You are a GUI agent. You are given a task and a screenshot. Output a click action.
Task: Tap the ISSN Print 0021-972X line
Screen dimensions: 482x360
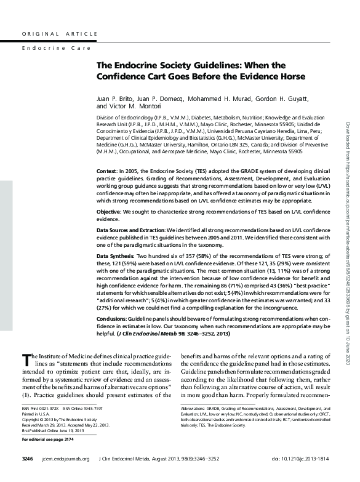pyautogui.click(x=38, y=426)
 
